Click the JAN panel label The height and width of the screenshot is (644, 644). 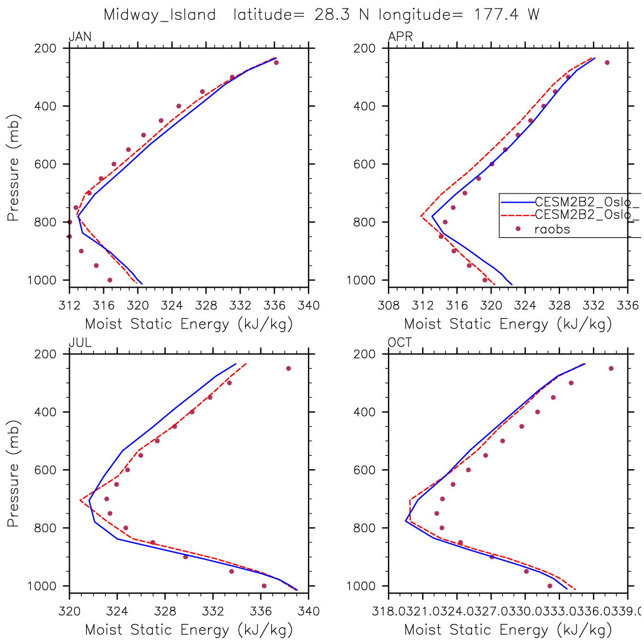coord(80,37)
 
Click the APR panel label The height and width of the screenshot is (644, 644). coord(400,37)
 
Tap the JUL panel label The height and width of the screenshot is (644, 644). coord(80,343)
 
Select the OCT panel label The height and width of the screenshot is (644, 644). coord(400,343)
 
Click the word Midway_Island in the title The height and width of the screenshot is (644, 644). coord(159,15)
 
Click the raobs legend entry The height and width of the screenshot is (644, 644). coord(552,229)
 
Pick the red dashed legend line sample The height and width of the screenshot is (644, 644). coord(516,215)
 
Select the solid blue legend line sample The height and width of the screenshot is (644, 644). coord(516,201)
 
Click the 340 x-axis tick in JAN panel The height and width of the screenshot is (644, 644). coord(309,306)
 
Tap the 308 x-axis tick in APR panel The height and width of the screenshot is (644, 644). coord(389,306)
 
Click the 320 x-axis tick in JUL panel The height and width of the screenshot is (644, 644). coord(69,612)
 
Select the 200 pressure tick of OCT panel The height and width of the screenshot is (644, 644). coord(369,354)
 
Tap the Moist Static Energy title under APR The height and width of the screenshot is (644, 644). coord(508,325)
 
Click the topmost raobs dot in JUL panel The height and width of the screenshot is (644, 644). coord(288,368)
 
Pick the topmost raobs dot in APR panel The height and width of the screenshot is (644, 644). coord(607,62)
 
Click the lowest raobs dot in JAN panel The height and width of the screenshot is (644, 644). coord(110,280)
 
